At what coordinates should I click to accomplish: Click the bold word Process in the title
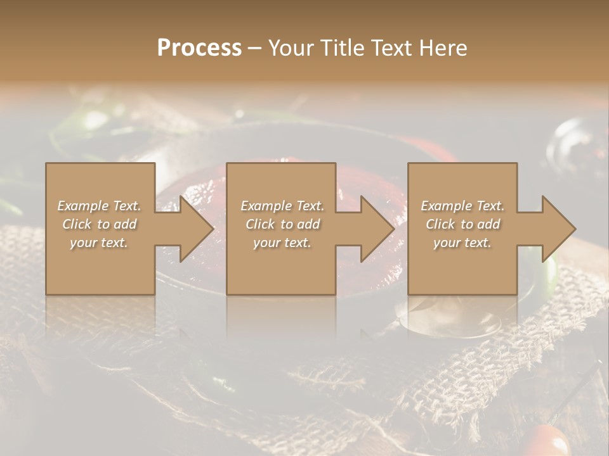[x=199, y=48]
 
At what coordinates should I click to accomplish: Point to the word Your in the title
[x=289, y=48]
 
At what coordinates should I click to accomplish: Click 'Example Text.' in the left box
[x=100, y=206]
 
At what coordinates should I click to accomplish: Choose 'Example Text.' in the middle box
[x=282, y=206]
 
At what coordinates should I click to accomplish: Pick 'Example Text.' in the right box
[x=462, y=206]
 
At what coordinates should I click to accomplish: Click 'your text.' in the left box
[x=99, y=243]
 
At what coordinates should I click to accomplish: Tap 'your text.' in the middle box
[x=282, y=243]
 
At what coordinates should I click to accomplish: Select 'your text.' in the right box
[x=462, y=243]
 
